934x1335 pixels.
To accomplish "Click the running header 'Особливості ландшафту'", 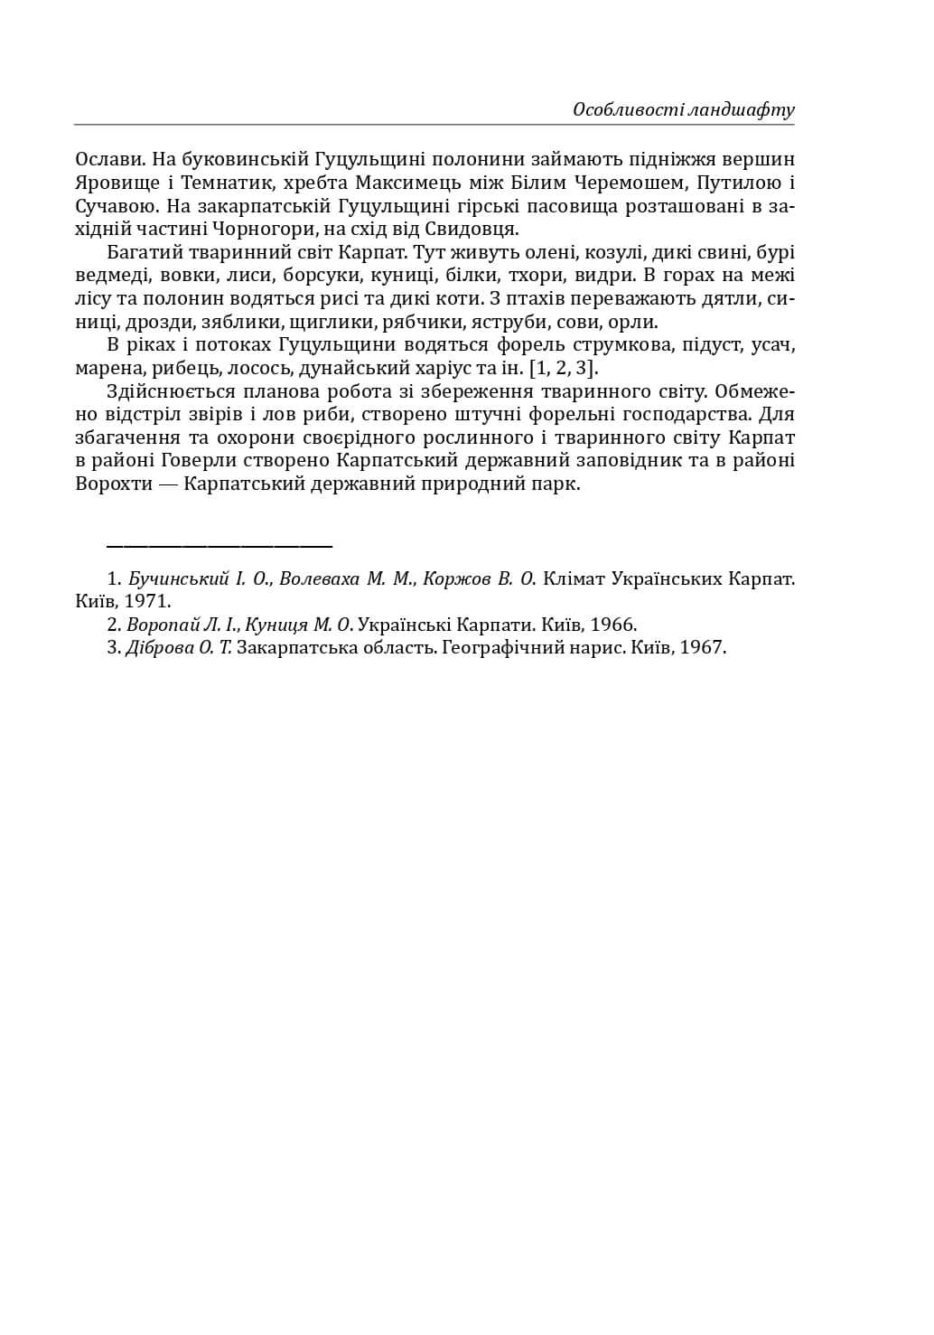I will coord(684,110).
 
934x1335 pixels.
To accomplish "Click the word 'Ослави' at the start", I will coord(108,160).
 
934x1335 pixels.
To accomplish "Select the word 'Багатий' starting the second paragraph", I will coord(140,253).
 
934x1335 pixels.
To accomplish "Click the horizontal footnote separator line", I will coord(219,546).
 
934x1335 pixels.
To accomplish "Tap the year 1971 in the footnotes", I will coord(147,601).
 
